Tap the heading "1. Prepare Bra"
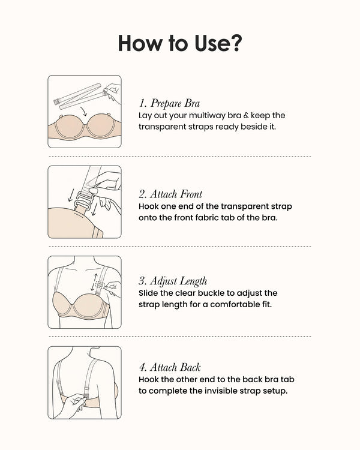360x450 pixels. [169, 103]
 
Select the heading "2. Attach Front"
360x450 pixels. [170, 194]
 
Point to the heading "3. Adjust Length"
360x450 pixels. [173, 281]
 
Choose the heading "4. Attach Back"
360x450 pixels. [169, 367]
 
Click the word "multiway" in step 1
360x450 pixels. [208, 115]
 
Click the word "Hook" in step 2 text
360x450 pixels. [149, 206]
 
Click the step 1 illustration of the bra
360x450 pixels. [84, 112]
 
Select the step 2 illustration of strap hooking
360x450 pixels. [84, 202]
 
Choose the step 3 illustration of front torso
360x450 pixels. [84, 292]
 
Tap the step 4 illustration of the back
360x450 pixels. [84, 382]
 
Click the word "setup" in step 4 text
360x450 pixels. [274, 391]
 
